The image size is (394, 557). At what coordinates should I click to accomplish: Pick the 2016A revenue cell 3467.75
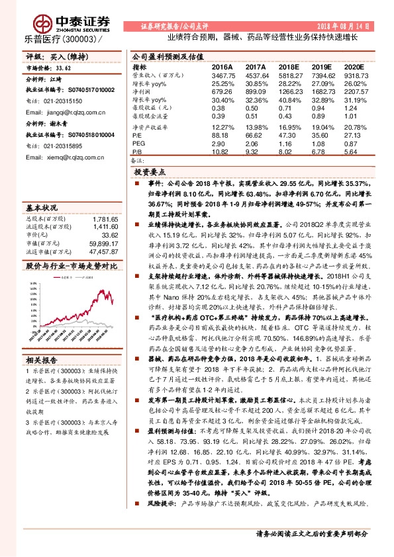coord(222,77)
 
